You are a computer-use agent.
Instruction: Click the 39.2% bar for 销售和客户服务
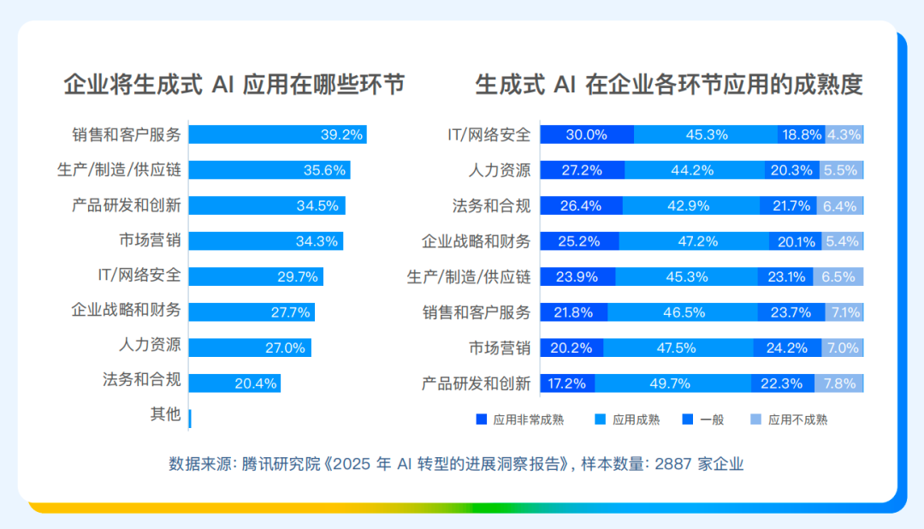pos(277,134)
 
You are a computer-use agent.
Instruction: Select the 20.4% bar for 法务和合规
pos(234,383)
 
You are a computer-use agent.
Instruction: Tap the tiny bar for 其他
pos(190,419)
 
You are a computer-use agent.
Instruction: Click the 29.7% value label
pos(298,276)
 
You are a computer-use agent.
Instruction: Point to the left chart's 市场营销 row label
pos(150,241)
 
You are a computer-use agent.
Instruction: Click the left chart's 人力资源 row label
pos(150,344)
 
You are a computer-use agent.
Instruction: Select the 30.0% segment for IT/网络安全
pos(587,134)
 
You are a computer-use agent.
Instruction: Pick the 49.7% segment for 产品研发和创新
pos(673,383)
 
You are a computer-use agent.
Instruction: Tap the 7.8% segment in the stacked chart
pos(839,383)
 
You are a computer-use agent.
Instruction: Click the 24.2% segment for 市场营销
pos(787,348)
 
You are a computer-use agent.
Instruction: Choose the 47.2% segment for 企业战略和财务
pos(694,241)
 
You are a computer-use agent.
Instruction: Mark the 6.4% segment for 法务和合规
pos(840,205)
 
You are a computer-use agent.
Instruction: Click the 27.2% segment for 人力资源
pos(583,169)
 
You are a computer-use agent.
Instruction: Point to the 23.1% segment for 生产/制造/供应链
pos(785,276)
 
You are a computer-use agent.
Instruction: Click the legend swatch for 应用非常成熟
pos(482,419)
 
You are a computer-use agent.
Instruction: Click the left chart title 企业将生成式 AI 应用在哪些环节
pos(234,85)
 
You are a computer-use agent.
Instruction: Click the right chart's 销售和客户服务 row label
pos(477,312)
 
